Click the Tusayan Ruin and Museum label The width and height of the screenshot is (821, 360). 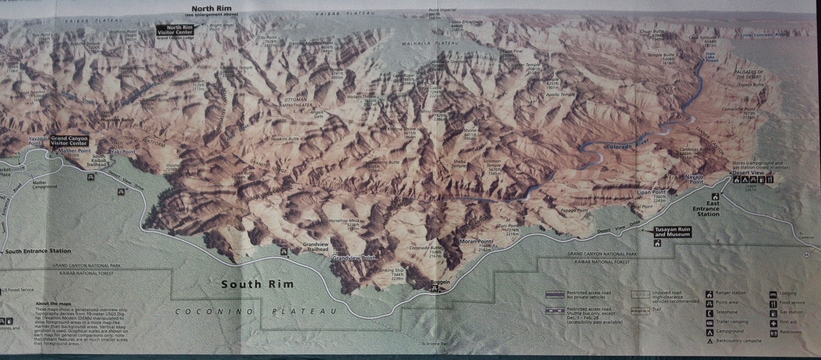[x=672, y=232]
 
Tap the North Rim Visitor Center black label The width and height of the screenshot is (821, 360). [x=176, y=30]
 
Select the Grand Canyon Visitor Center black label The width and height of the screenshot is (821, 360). [x=69, y=141]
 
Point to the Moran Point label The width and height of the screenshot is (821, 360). [x=475, y=241]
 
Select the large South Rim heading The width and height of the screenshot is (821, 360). [x=257, y=284]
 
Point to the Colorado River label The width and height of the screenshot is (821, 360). [x=627, y=144]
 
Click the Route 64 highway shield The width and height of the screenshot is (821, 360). [x=807, y=255]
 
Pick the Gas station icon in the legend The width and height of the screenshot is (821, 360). [x=773, y=312]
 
